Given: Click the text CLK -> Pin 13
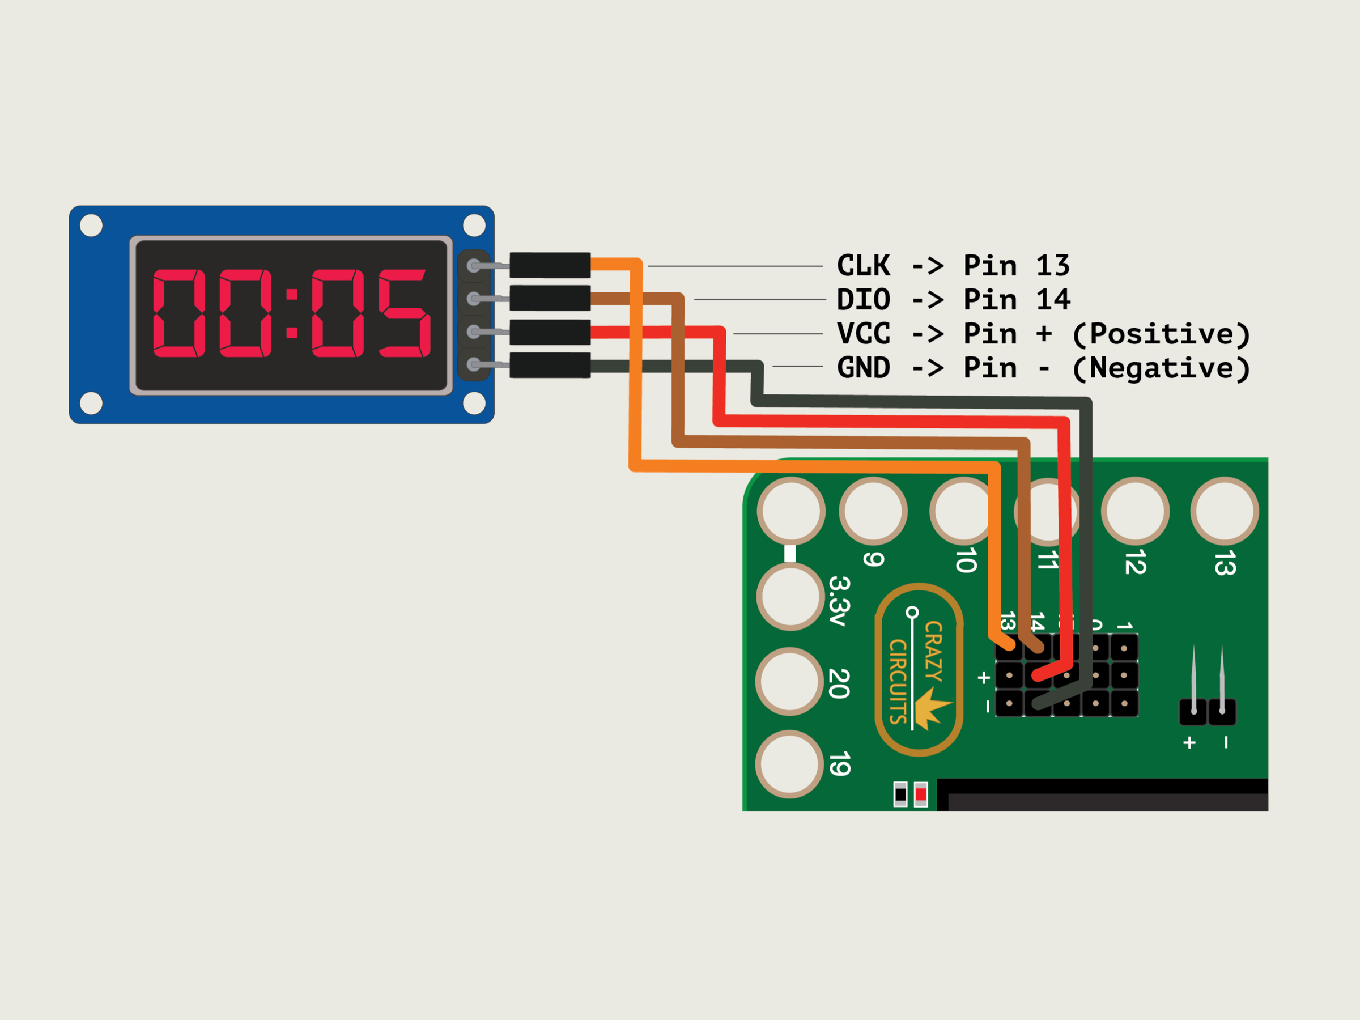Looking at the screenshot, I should pyautogui.click(x=953, y=266).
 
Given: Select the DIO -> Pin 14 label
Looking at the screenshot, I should pyautogui.click(x=953, y=300).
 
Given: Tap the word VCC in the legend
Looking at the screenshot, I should pyautogui.click(x=863, y=334).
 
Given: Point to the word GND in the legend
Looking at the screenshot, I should pyautogui.click(x=863, y=368).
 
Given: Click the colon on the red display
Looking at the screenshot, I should pyautogui.click(x=292, y=313).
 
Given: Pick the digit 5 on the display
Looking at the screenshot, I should pyautogui.click(x=404, y=313).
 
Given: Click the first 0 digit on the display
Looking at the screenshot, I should pyautogui.click(x=178, y=313).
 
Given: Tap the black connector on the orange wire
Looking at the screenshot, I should pyautogui.click(x=550, y=265).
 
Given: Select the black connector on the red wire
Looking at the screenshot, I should pyautogui.click(x=550, y=332).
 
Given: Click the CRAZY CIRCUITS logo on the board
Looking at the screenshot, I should pyautogui.click(x=919, y=670).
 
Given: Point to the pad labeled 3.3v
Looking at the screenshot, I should pyautogui.click(x=790, y=596).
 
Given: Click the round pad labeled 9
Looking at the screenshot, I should pyautogui.click(x=873, y=512).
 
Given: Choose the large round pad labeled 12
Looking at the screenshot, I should pyautogui.click(x=1135, y=512).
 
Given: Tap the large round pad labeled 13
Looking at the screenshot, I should pyautogui.click(x=1225, y=512).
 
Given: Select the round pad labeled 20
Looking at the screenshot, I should pyautogui.click(x=789, y=681).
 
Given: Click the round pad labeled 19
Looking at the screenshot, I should pyautogui.click(x=789, y=764).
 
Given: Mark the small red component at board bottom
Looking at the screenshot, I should pyautogui.click(x=920, y=794).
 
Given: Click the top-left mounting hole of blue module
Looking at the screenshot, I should pyautogui.click(x=92, y=226).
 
